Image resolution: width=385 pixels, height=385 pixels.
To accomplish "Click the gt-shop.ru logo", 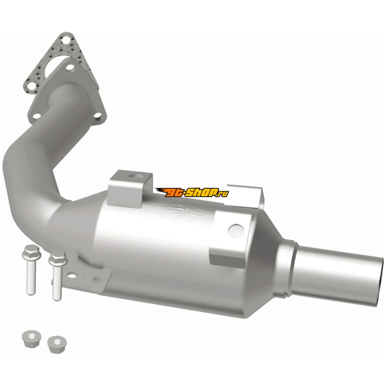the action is [192, 192].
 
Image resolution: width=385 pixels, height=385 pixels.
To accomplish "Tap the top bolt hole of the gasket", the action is [65, 39].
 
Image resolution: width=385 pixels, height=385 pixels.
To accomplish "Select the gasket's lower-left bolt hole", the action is [31, 86].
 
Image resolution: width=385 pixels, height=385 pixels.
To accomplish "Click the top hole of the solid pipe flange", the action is [70, 67].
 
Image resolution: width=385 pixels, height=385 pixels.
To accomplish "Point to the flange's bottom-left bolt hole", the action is [37, 115].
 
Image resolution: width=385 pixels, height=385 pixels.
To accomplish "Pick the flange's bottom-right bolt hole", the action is [98, 115].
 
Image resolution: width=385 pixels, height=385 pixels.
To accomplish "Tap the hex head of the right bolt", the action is [58, 258].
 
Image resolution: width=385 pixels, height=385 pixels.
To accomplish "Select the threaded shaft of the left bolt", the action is [31, 277].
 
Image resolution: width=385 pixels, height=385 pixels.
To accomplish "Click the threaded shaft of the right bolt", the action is [57, 283].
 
